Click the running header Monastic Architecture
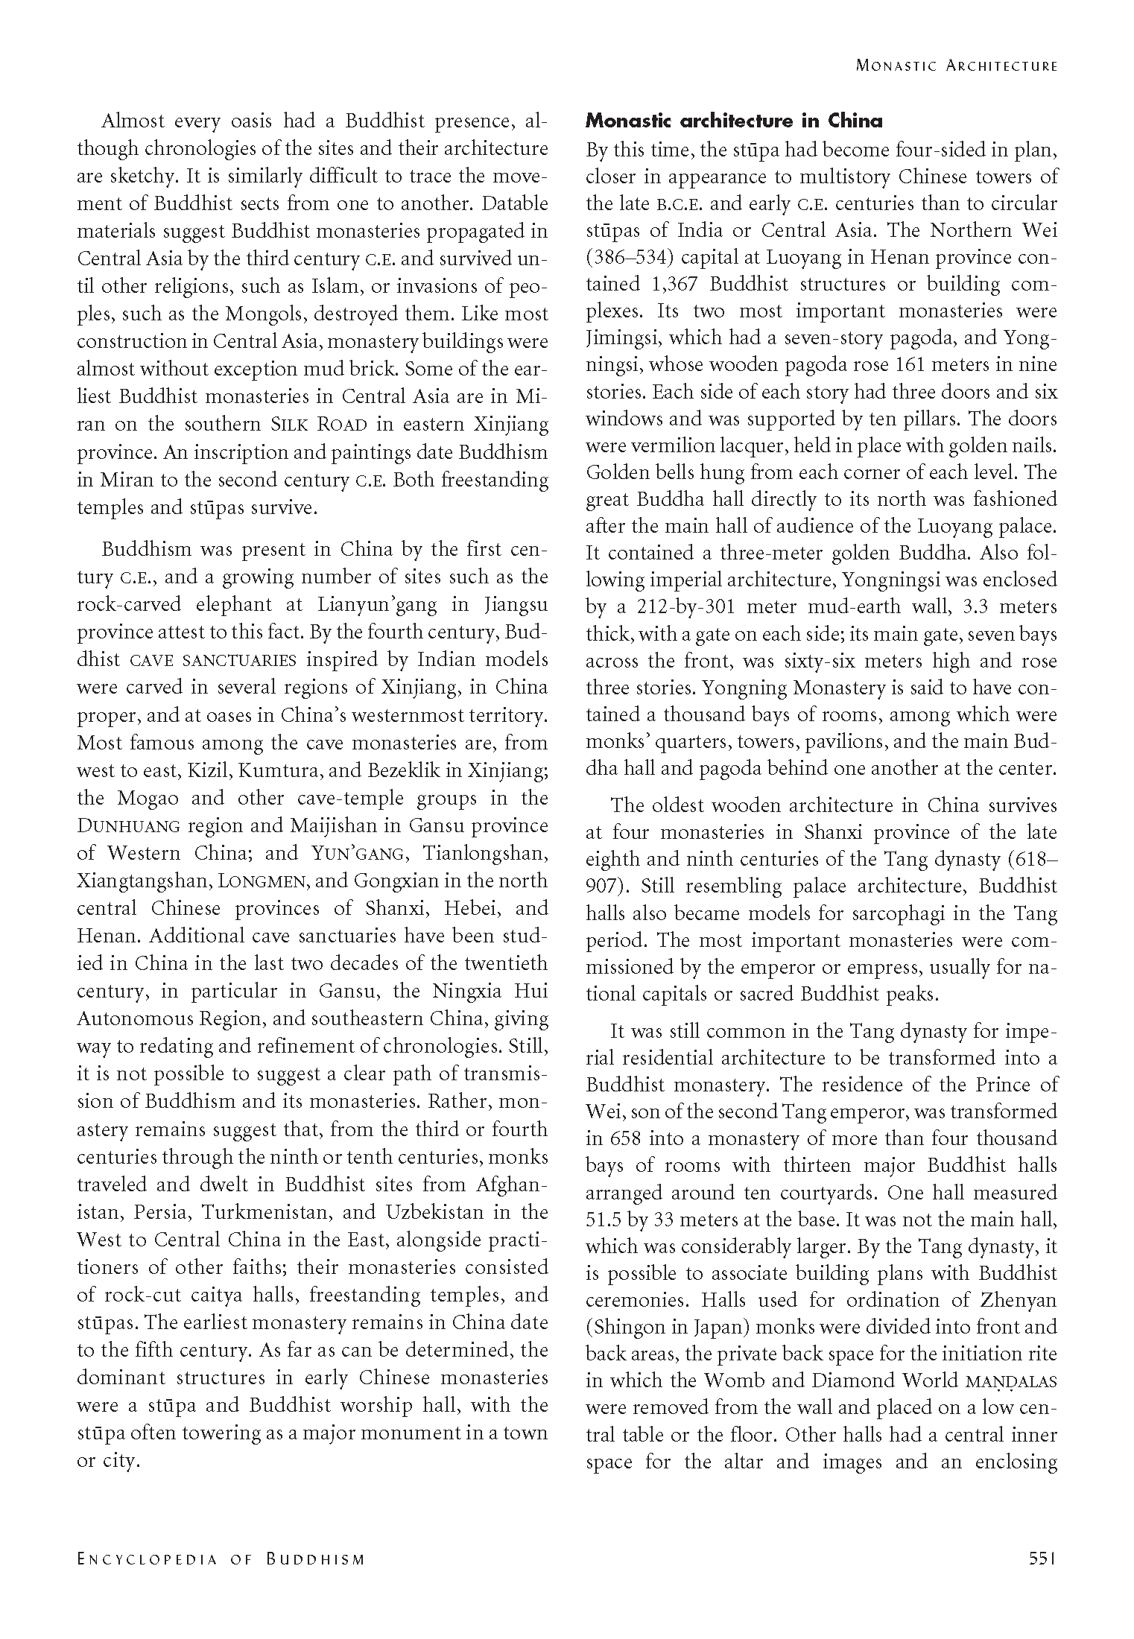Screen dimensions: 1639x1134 click(x=957, y=66)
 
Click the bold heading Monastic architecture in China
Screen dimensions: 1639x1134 click(x=734, y=121)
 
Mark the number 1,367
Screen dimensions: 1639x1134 click(x=665, y=285)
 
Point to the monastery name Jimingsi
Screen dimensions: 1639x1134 click(x=622, y=338)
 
